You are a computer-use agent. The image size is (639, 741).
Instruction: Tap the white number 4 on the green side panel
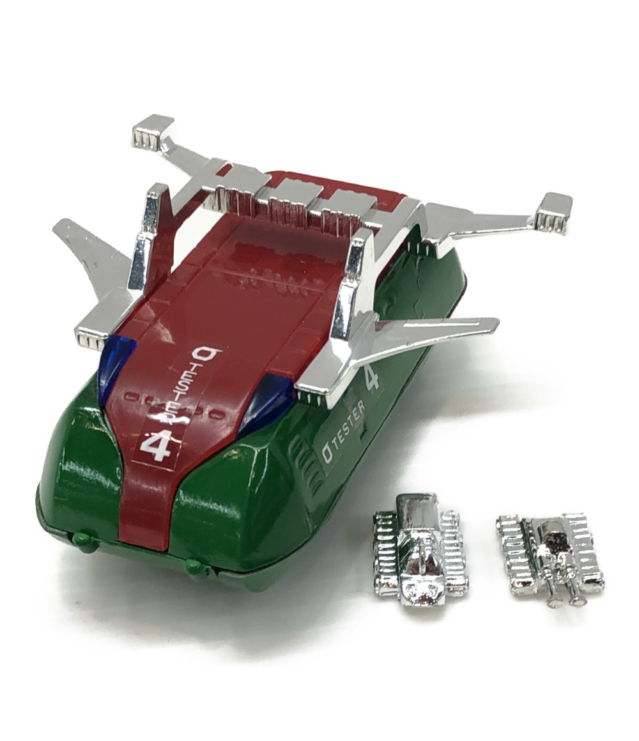(x=371, y=377)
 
